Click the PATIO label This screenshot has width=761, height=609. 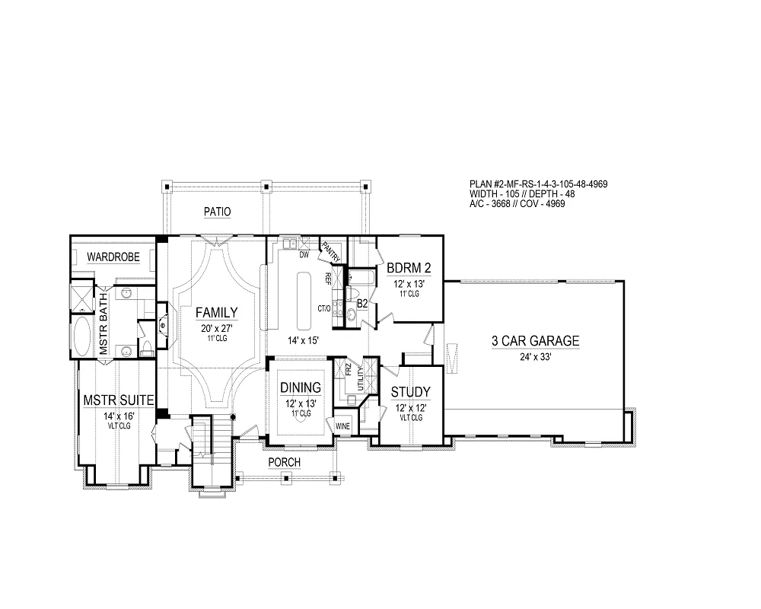click(217, 212)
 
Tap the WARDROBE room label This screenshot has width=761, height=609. click(113, 257)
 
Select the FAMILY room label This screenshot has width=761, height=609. click(216, 313)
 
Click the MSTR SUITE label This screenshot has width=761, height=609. click(119, 400)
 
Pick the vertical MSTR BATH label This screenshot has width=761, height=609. click(103, 324)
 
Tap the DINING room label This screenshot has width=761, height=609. click(301, 387)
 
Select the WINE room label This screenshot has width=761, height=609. click(342, 426)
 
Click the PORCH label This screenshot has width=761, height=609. click(285, 462)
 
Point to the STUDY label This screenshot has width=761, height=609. click(411, 392)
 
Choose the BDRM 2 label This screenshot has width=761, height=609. click(409, 268)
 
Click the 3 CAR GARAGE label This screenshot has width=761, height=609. click(535, 341)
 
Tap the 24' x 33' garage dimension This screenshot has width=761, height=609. click(536, 357)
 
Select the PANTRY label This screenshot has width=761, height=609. click(331, 251)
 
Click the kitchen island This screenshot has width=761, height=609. click(304, 300)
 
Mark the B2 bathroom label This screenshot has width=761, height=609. click(362, 304)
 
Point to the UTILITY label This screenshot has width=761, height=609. click(360, 378)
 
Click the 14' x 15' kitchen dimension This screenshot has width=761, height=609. click(303, 340)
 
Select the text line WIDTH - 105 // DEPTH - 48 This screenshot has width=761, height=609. click(522, 194)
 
